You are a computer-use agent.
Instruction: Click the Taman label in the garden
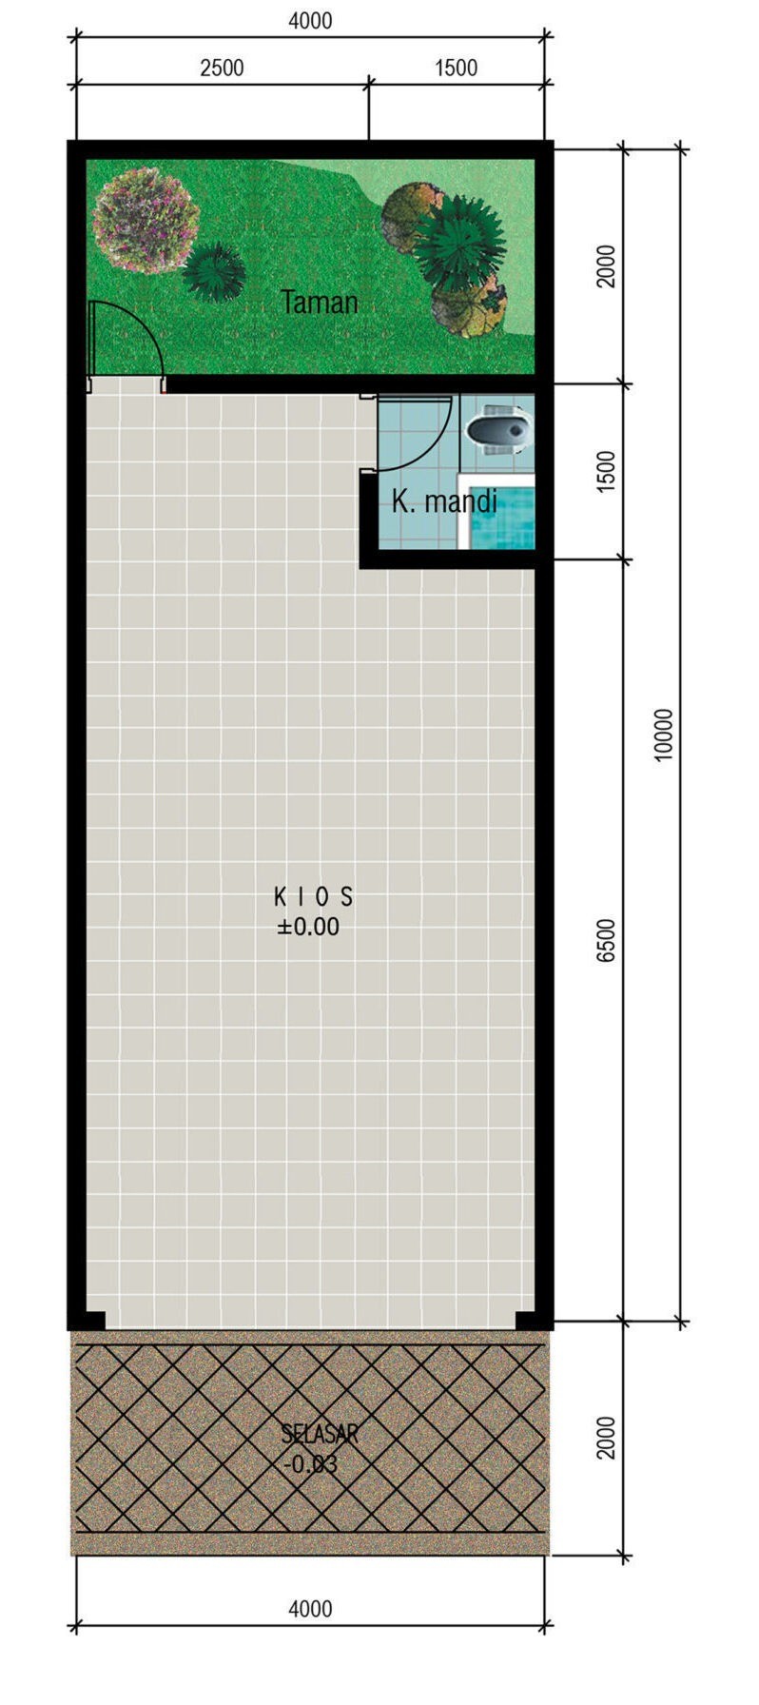[320, 303]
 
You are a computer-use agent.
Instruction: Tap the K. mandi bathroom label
[444, 500]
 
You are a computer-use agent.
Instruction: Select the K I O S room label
[313, 895]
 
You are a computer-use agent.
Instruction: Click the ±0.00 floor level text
[308, 927]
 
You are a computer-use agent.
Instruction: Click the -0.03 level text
[311, 1464]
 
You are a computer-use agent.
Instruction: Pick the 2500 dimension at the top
[222, 68]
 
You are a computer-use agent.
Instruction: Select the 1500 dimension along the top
[456, 68]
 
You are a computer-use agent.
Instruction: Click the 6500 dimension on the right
[607, 940]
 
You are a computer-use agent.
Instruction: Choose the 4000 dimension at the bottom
[310, 1609]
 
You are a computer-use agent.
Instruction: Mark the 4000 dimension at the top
[310, 20]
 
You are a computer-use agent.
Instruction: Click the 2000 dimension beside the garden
[607, 265]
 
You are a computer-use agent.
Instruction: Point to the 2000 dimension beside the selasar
[607, 1437]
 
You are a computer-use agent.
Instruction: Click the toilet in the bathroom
[496, 428]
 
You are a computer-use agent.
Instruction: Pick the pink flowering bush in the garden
[146, 219]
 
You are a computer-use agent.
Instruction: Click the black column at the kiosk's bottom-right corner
[529, 1321]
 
